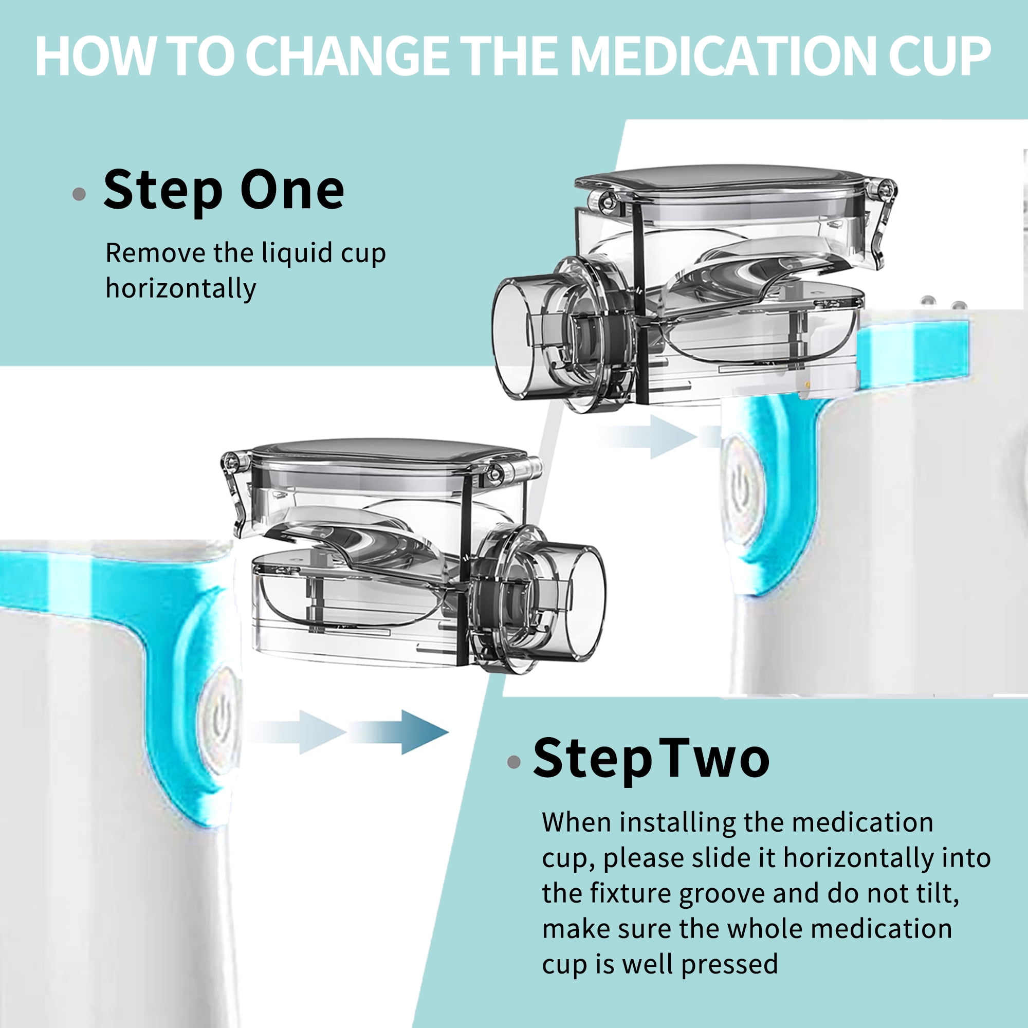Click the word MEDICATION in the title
(724, 56)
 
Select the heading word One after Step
(291, 190)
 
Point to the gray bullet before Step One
(79, 194)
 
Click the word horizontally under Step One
(181, 289)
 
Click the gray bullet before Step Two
(514, 762)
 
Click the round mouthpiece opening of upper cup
(513, 339)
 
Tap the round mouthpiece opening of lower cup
(586, 602)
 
